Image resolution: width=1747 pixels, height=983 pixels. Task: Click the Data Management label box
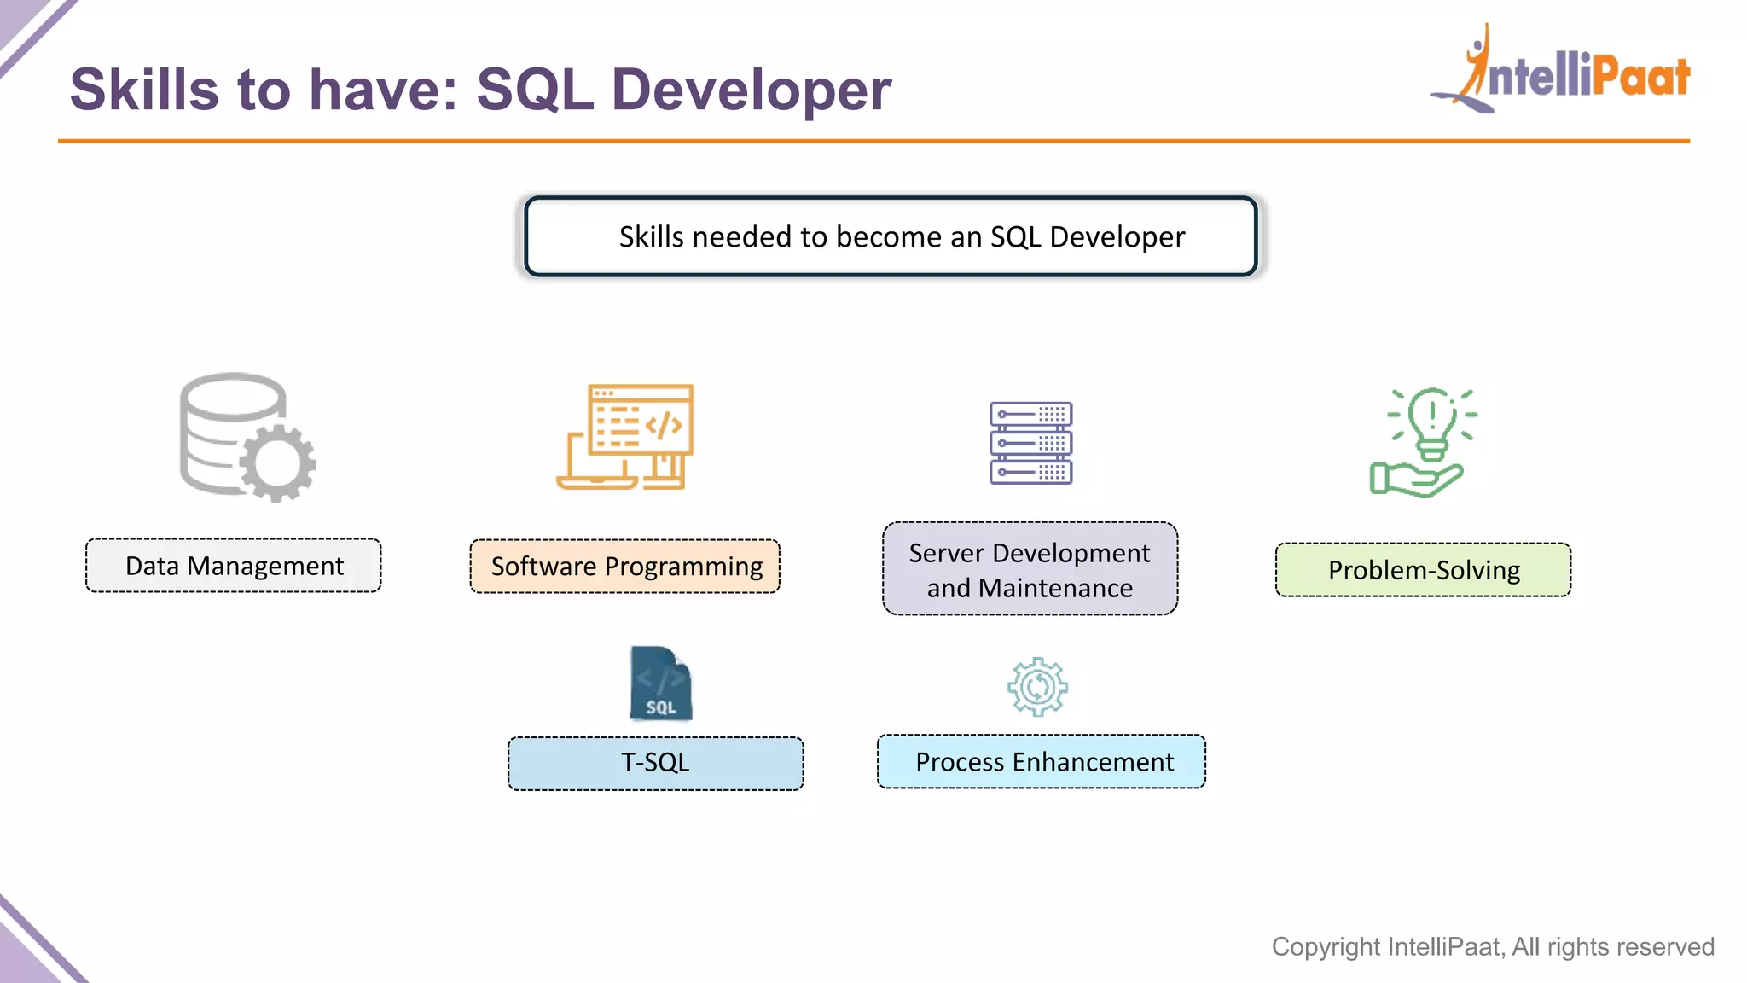point(233,566)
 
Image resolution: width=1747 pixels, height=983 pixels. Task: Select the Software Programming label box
point(624,567)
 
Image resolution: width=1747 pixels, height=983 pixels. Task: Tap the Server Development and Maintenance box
point(1030,569)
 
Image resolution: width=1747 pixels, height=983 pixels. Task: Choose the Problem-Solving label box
point(1423,570)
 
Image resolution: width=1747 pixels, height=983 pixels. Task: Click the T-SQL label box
point(655,763)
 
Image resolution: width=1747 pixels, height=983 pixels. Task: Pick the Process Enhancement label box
point(1042,762)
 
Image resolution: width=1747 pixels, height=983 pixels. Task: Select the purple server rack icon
point(1030,443)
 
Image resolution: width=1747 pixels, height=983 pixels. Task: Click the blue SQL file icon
point(660,683)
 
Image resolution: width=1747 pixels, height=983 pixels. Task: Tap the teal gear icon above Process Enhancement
point(1037,687)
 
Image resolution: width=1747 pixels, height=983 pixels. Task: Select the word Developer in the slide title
point(751,90)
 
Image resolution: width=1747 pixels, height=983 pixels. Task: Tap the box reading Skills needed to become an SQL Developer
point(891,236)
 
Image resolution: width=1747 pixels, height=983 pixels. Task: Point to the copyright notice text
point(1492,946)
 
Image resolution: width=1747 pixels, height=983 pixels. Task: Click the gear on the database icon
point(278,463)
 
